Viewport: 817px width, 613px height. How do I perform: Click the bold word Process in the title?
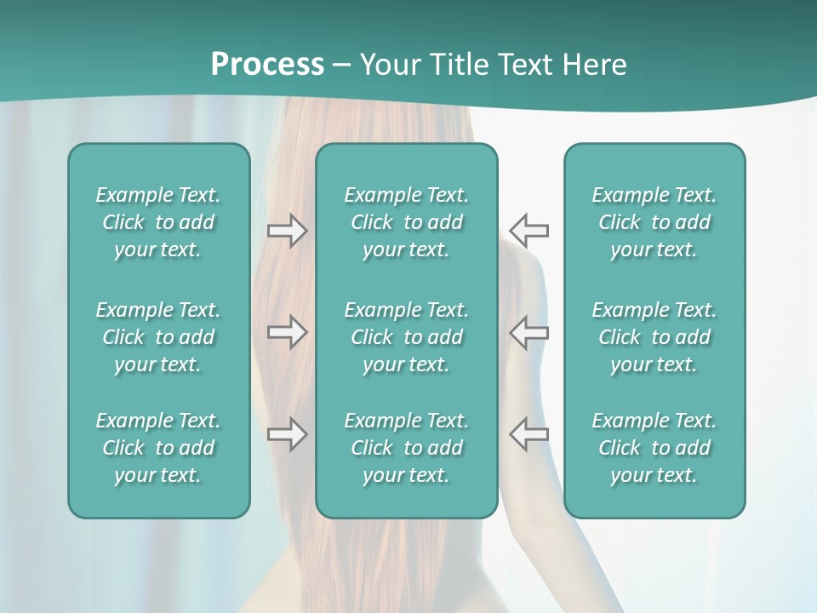tap(267, 65)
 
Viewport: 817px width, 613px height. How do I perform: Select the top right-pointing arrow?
tap(287, 231)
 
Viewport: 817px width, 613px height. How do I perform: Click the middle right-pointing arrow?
tap(287, 332)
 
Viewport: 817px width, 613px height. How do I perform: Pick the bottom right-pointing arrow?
tap(287, 434)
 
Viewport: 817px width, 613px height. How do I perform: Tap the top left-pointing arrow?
tap(529, 231)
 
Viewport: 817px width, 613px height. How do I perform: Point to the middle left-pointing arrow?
tap(529, 332)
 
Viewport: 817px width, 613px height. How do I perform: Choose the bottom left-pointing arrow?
tap(529, 434)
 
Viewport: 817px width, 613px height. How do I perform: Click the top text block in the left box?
tap(158, 222)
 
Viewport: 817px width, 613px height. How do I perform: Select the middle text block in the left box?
tap(158, 337)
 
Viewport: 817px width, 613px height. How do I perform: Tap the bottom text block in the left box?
tap(158, 448)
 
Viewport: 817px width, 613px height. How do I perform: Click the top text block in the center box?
tap(406, 222)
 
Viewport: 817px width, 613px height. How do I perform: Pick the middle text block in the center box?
tap(406, 337)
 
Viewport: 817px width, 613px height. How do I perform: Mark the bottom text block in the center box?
tap(406, 448)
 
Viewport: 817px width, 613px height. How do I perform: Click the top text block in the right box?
tap(654, 222)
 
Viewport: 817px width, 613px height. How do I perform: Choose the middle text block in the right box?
tap(654, 337)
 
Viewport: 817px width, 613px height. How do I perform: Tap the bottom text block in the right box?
tap(654, 448)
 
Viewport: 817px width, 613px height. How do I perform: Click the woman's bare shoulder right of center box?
tap(528, 272)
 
